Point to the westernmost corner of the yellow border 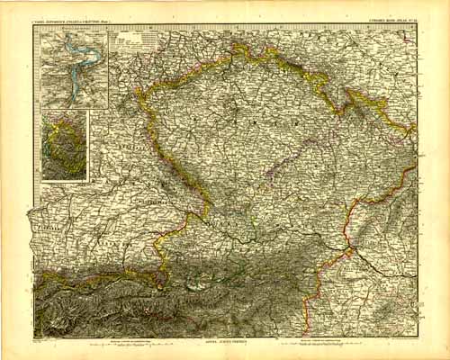pyautogui.click(x=137, y=90)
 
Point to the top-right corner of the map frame pyautogui.click(x=418, y=25)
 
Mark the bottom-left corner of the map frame pyautogui.click(x=34, y=336)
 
